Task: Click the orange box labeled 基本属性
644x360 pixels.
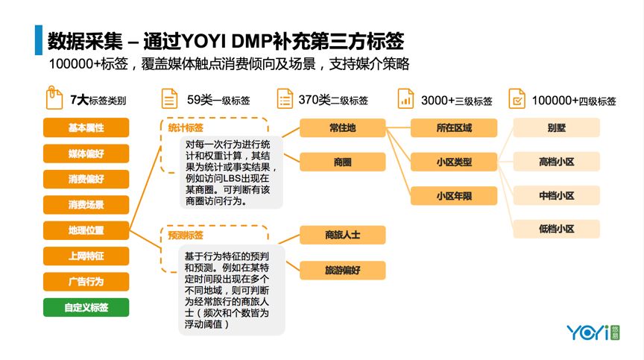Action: click(x=86, y=128)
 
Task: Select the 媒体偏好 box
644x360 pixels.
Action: click(x=86, y=154)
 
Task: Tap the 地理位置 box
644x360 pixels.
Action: click(x=86, y=230)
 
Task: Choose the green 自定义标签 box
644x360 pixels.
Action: click(x=86, y=307)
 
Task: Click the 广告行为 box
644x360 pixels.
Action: click(x=86, y=282)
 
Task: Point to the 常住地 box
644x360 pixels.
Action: click(x=342, y=128)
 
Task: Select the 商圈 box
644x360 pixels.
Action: click(x=342, y=161)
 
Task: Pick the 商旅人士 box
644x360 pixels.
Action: click(x=342, y=235)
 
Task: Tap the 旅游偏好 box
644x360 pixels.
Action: click(x=342, y=270)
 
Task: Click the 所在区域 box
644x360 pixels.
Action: click(x=453, y=128)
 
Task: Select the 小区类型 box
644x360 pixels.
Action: click(x=453, y=161)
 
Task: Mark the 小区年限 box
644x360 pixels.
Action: click(x=453, y=196)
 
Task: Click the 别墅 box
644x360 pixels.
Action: click(x=556, y=128)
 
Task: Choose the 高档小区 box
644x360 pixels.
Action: click(x=556, y=161)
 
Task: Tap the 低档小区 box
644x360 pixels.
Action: click(x=556, y=229)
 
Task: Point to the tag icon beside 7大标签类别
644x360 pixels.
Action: click(x=54, y=98)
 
